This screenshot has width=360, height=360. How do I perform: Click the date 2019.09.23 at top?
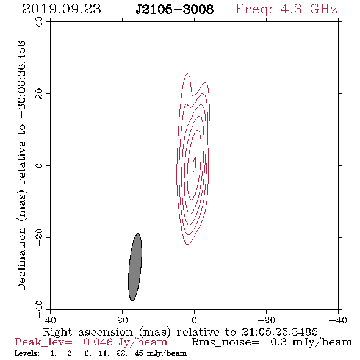coord(62,9)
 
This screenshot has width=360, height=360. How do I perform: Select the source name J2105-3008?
coord(175,9)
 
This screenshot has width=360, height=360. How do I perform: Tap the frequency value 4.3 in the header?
coord(291,9)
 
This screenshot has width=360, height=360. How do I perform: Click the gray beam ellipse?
coord(135,267)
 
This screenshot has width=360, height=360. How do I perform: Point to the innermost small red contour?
coord(194,165)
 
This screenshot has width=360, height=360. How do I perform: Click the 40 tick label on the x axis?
coord(50,320)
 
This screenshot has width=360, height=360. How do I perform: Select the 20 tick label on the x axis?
coord(122,320)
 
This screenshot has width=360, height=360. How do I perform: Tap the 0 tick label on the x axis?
coord(194,320)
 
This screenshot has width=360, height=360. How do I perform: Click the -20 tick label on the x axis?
coord(266,320)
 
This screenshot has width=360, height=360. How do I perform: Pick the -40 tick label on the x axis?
coord(338,320)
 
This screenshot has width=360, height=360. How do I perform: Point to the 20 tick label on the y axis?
coord(39,94)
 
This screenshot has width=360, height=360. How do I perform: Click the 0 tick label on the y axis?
coord(39,165)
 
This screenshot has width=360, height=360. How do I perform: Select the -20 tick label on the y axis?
coord(39,237)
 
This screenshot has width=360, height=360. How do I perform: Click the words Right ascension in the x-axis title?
coord(88,332)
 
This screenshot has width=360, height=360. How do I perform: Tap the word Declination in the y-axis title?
coord(21,259)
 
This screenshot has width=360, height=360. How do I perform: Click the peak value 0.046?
coord(98,342)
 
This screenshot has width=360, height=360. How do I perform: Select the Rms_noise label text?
coord(225,342)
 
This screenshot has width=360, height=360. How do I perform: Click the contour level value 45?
coord(139,353)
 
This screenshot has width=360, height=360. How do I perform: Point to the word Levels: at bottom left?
coord(27,353)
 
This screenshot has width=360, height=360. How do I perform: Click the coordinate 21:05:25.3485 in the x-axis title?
coord(279,332)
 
